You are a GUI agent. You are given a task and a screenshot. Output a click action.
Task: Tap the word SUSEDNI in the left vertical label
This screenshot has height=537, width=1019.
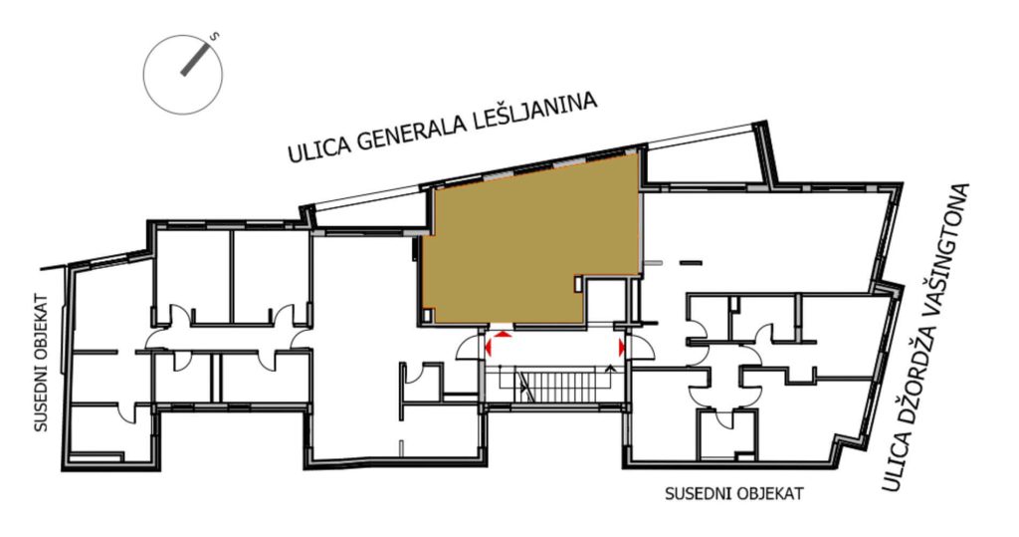coord(42,399)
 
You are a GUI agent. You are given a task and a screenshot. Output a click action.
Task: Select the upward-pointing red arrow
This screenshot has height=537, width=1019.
coord(502,334)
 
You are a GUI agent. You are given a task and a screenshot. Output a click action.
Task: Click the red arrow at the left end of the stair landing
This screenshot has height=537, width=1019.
coord(489,347)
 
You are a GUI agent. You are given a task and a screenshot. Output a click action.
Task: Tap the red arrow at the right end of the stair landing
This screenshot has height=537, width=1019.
coord(621,347)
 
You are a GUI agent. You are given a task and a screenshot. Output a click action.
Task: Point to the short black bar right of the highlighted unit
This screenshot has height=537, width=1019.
coord(691,263)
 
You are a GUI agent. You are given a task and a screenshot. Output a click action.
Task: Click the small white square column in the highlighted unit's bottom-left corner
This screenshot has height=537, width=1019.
coord(427,316)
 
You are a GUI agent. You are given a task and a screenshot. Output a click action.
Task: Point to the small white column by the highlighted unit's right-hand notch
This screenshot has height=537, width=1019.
coord(578,284)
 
